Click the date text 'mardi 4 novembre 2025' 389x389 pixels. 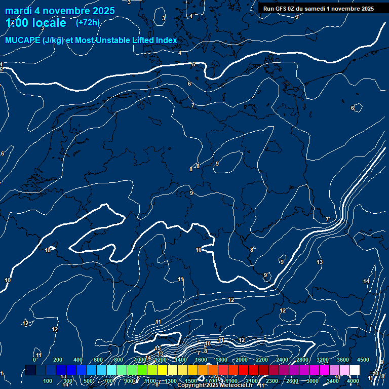(x=60, y=11)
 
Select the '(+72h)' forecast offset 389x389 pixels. (x=88, y=23)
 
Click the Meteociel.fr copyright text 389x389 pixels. (x=214, y=385)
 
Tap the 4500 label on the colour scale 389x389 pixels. (x=363, y=360)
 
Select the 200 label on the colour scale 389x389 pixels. (x=58, y=360)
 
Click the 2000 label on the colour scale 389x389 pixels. (x=242, y=360)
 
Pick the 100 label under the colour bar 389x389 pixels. (x=48, y=381)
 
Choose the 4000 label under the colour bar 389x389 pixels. (x=353, y=381)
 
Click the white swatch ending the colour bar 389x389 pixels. (x=355, y=370)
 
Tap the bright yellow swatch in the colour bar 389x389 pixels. (x=172, y=370)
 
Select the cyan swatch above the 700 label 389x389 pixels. (x=111, y=370)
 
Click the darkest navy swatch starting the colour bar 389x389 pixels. (x=30, y=370)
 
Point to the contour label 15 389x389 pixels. (x=158, y=348)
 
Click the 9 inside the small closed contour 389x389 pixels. (x=217, y=164)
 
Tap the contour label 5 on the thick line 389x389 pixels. (x=193, y=65)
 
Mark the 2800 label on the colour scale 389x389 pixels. (x=302, y=360)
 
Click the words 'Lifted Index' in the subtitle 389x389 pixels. (x=154, y=41)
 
